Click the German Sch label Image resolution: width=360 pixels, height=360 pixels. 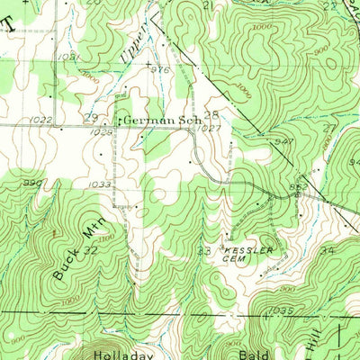pos(155,119)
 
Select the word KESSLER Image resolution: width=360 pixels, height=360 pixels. pos(242,248)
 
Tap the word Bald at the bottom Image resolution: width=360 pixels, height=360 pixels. pos(261,354)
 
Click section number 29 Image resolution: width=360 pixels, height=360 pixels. pos(90,118)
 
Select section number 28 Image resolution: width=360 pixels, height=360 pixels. pos(211,115)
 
